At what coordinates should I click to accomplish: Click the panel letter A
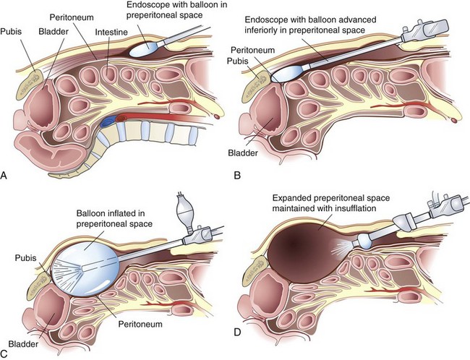[x=7, y=174]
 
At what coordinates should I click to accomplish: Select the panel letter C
[x=7, y=353]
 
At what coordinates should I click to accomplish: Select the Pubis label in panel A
[x=14, y=32]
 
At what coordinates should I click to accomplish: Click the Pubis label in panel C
[x=26, y=257]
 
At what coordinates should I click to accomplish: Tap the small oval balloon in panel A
[x=150, y=47]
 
